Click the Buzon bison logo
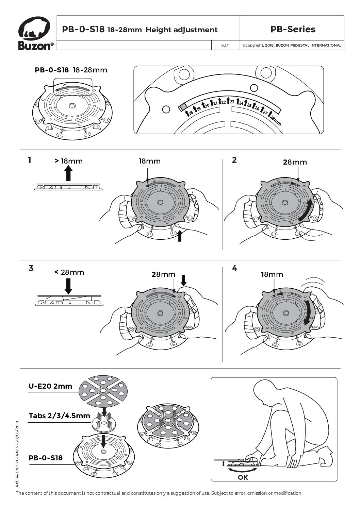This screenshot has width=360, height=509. (34, 27)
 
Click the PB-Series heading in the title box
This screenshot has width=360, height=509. (293, 29)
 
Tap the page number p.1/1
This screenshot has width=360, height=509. (226, 45)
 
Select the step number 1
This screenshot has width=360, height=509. (30, 160)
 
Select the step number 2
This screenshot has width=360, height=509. (234, 160)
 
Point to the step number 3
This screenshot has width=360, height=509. (31, 268)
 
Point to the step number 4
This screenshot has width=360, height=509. (235, 268)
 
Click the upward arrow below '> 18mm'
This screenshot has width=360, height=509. (68, 173)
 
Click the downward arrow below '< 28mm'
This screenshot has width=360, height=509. (68, 286)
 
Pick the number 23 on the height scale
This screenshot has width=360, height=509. (232, 102)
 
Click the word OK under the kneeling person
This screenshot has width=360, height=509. (243, 477)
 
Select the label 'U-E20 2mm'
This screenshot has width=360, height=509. (50, 386)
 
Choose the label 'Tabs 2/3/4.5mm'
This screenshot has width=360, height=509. (59, 416)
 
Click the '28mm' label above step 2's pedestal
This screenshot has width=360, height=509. (295, 162)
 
